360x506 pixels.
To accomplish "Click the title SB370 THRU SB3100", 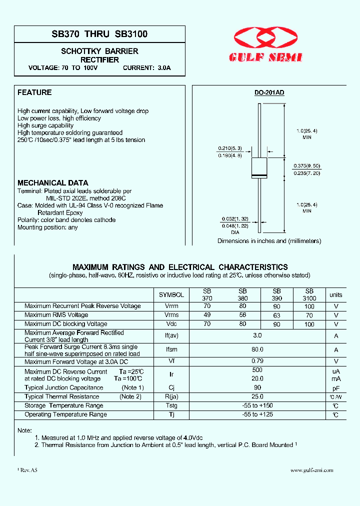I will coord(99,34).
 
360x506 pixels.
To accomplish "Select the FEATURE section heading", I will coord(34,92).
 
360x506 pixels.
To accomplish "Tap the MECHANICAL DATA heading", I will coord(53,183).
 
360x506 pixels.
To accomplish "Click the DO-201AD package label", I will coord(269,93).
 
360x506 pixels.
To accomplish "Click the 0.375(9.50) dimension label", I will coord(306,165).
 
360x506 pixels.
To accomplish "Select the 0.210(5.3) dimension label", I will coord(229,148).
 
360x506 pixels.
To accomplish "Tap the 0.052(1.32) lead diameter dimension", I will coord(234,219).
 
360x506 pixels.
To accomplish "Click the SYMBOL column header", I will coord(171,295).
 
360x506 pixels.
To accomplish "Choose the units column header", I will coord(336,295).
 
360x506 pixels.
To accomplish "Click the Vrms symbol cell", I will coord(171,315).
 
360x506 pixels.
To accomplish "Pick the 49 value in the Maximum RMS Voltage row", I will coord(207,315).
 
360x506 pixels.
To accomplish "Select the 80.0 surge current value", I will coord(257,350).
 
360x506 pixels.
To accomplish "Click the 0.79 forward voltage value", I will coord(257,361).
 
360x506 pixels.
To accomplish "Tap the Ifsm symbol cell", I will coord(171,350).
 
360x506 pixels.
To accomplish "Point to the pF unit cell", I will coord(336,387).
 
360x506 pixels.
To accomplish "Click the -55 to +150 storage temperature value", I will coord(257,405).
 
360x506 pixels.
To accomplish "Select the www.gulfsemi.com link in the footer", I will coord(311,470).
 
